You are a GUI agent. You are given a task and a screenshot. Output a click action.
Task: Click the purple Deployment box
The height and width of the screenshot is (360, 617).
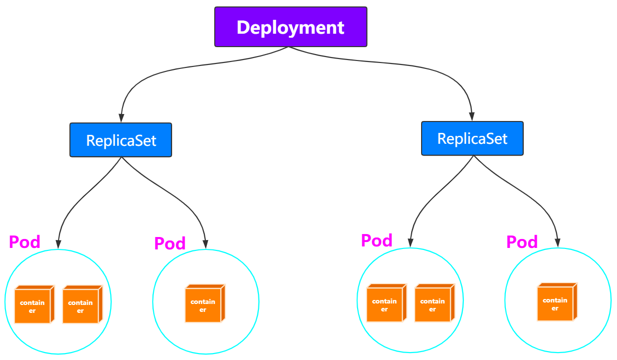291,27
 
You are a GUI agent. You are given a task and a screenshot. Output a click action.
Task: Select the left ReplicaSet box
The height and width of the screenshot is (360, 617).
121,140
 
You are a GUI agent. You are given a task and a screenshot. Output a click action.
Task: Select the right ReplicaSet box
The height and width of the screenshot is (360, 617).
472,139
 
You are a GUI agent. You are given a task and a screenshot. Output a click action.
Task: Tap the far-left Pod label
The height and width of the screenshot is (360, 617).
25,242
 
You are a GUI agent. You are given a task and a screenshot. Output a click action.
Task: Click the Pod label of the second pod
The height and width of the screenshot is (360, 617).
170,243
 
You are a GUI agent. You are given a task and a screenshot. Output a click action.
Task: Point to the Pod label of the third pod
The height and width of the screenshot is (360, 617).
376,240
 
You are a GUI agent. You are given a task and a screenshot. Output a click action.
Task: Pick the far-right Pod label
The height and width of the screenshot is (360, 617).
522,242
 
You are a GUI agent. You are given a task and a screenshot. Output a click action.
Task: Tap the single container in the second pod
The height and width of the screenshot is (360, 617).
204,304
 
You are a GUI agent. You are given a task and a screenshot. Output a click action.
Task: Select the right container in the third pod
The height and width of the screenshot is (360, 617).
433,303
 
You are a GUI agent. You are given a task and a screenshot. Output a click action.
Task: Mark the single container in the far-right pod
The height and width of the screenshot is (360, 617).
556,302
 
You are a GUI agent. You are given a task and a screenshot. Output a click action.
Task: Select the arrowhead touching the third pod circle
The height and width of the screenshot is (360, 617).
410,243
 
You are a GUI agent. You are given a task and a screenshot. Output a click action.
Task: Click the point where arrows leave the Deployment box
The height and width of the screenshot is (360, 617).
290,48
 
